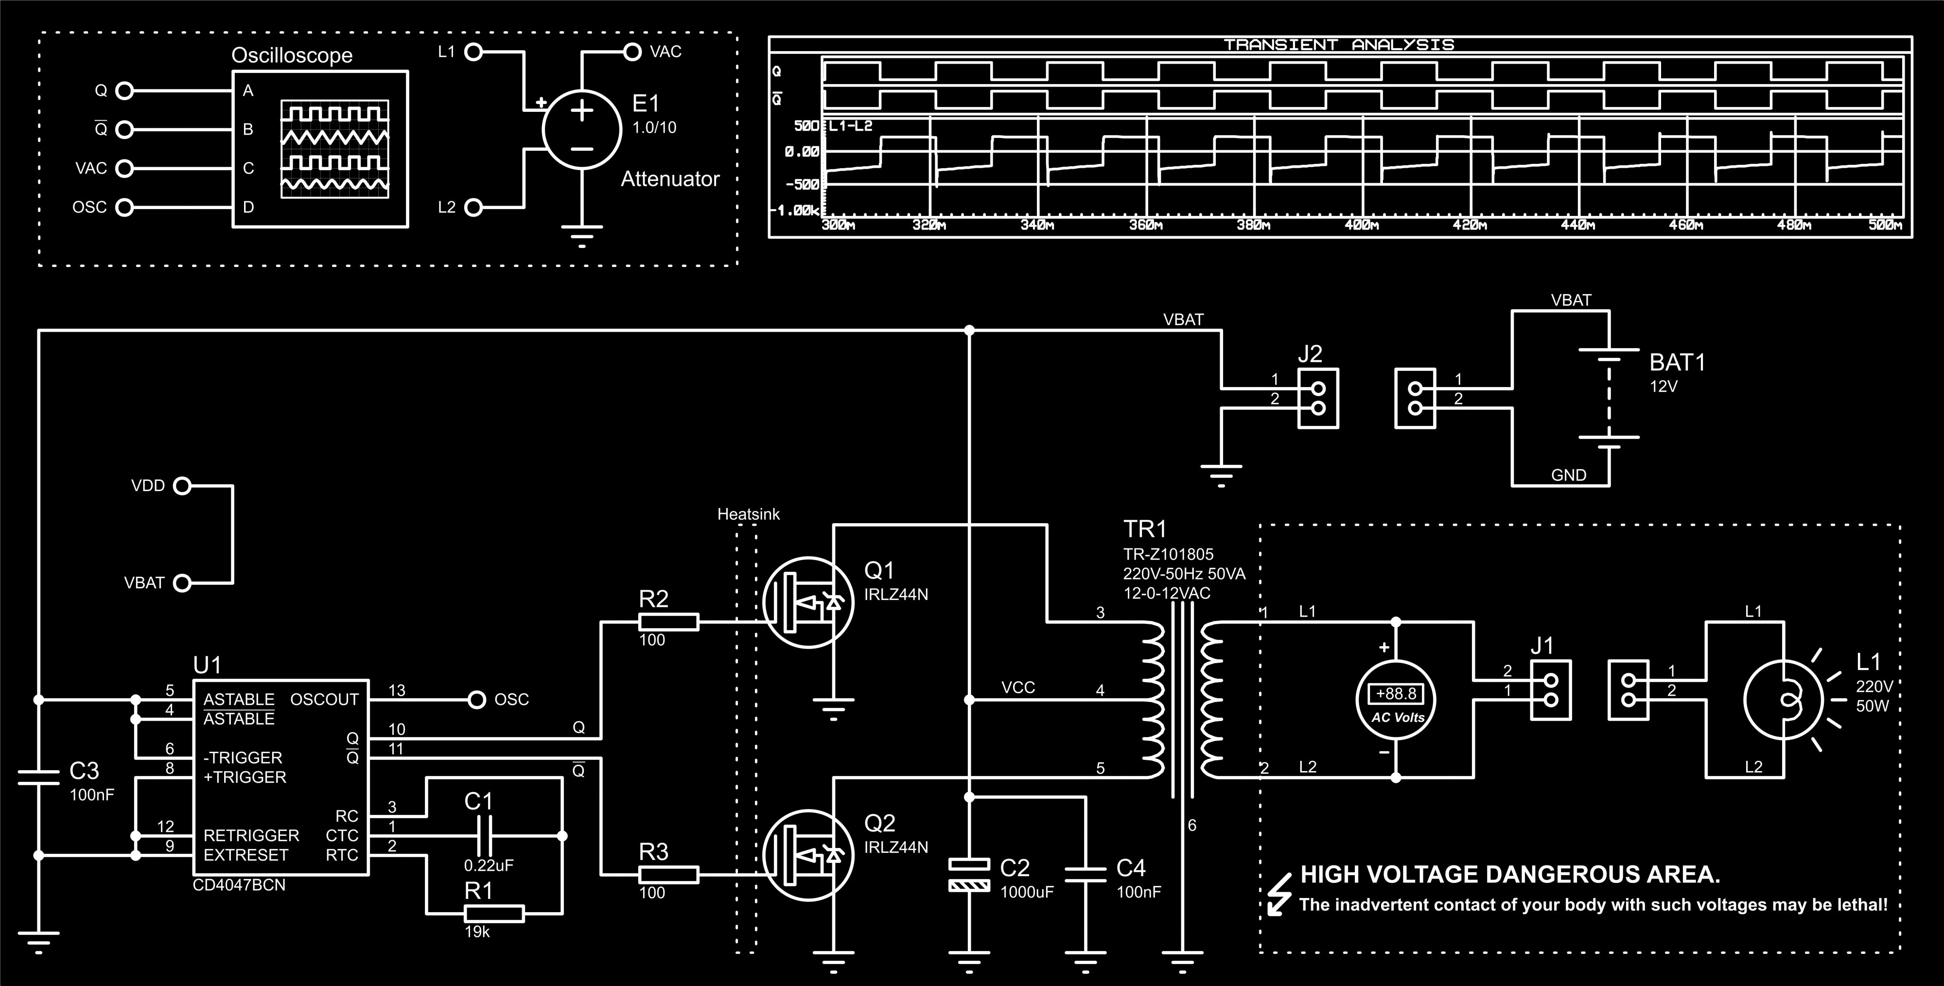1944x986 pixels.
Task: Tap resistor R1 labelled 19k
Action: tap(493, 914)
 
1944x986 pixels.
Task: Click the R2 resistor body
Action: tap(668, 622)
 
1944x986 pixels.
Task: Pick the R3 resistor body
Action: tap(668, 875)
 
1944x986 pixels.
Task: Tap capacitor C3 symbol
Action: tap(38, 777)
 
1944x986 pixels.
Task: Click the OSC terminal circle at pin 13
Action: tap(477, 700)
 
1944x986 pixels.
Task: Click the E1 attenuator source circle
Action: tap(581, 129)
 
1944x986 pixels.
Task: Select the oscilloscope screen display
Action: tap(335, 149)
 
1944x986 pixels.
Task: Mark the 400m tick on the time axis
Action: tap(1362, 225)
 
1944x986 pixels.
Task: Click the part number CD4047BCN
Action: tap(239, 885)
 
